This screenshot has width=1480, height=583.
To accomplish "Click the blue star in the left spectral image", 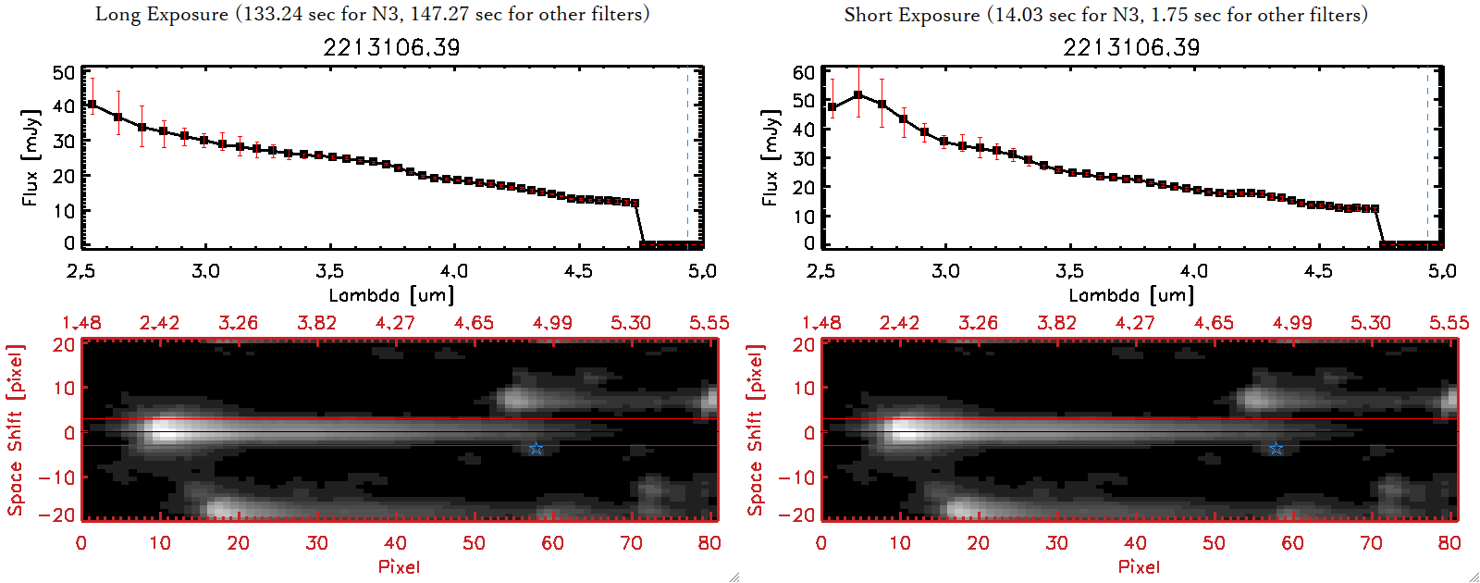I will (536, 449).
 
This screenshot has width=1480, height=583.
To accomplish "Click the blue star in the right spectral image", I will (1276, 449).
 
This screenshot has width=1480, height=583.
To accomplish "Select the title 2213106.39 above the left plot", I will (391, 47).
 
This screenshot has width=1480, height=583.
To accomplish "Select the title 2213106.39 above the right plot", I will (1131, 47).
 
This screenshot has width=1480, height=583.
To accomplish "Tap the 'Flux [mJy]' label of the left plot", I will (31, 157).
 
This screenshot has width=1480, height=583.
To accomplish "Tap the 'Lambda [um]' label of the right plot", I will (1131, 295).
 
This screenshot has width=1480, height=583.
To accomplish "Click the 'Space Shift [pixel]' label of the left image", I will (15, 430).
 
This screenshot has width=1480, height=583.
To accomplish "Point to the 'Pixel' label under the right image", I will (1139, 566).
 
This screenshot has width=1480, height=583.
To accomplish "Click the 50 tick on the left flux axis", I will (64, 73).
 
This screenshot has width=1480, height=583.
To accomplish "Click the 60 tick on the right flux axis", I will (804, 72).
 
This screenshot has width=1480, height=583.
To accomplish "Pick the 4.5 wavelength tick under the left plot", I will (578, 271).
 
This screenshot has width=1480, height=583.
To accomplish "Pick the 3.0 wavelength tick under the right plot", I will (945, 271).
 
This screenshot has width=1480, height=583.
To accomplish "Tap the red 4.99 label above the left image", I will (552, 323).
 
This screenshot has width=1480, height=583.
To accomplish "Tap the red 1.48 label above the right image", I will (821, 323).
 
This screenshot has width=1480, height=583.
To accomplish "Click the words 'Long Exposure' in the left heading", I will (162, 14).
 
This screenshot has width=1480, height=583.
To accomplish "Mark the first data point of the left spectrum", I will (92, 105).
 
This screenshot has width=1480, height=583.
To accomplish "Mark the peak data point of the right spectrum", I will (858, 94).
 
